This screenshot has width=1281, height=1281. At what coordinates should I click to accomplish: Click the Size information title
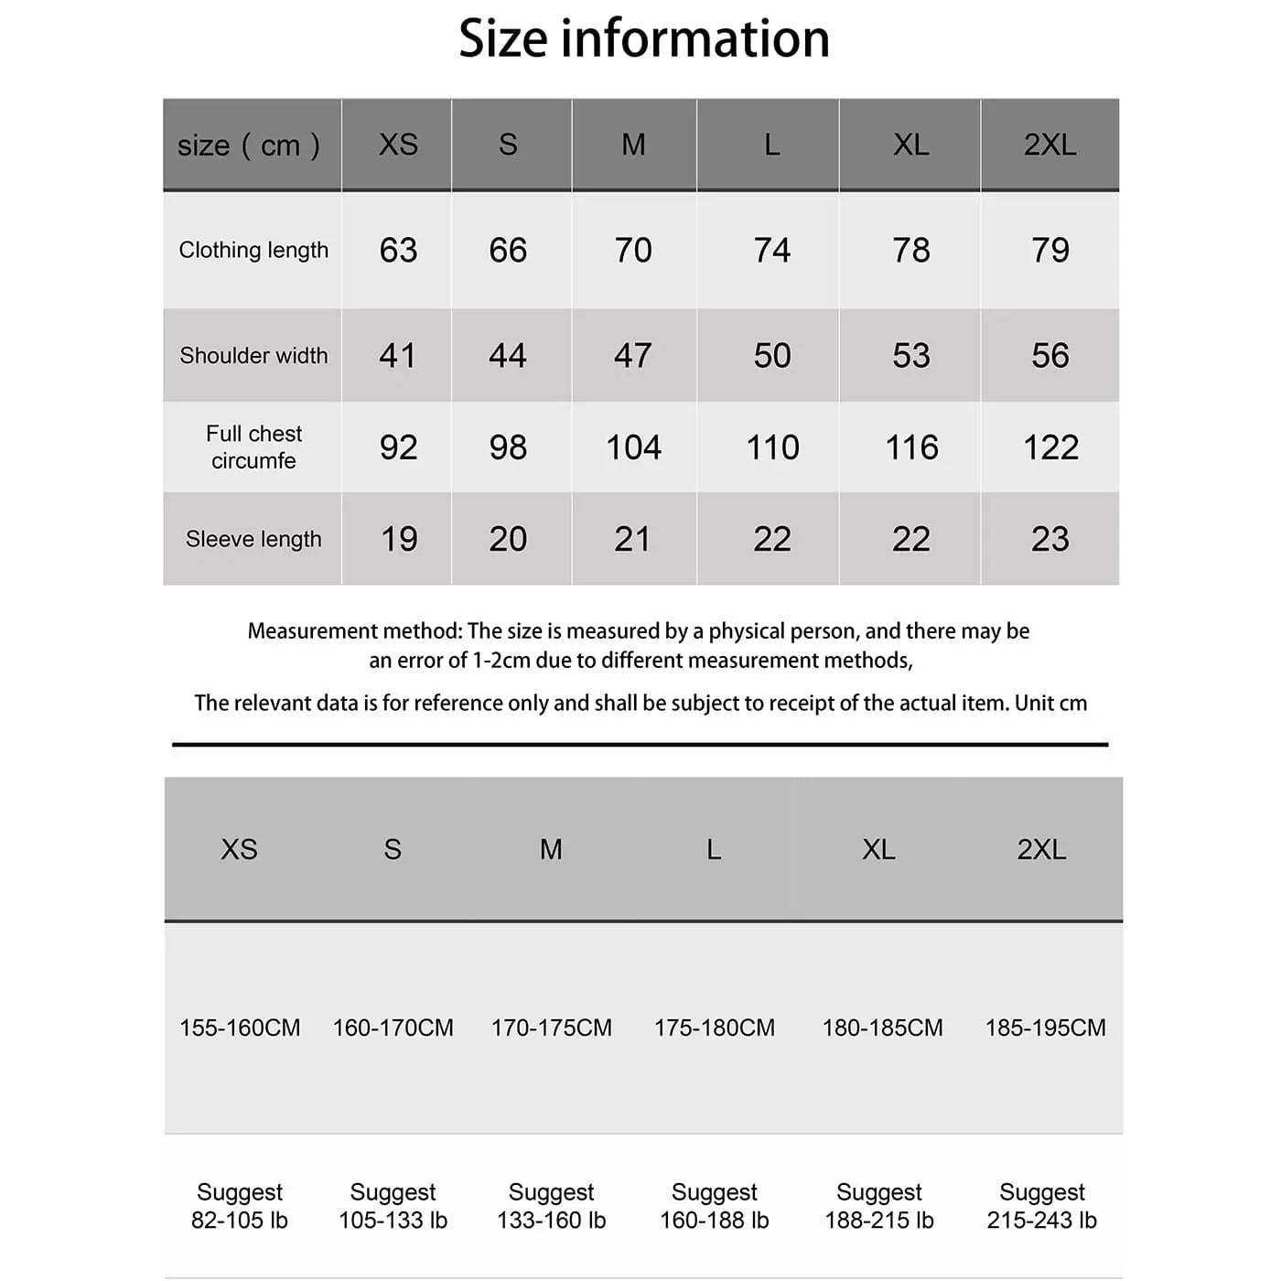(643, 38)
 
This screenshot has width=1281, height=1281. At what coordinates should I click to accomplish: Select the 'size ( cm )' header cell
(249, 145)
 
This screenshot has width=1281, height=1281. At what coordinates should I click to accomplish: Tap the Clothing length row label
(253, 250)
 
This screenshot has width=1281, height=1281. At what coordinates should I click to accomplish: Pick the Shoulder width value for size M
(632, 355)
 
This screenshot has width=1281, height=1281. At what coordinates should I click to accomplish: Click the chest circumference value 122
(1050, 447)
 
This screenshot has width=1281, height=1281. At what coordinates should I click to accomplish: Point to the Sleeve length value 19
(399, 539)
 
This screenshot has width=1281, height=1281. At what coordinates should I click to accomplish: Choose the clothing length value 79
(1050, 250)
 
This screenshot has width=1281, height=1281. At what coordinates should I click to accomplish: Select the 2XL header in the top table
(1050, 145)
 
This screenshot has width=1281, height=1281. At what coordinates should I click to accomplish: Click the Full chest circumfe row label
(253, 447)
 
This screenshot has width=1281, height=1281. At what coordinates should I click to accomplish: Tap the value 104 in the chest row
(633, 447)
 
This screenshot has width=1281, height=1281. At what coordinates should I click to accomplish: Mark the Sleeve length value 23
(1050, 539)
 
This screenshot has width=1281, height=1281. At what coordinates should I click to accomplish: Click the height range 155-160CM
(240, 1028)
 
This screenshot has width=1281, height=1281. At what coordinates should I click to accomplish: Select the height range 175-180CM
(714, 1028)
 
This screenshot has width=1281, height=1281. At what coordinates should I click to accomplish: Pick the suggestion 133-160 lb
(551, 1220)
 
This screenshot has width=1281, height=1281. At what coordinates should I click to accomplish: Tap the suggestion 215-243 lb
(1041, 1220)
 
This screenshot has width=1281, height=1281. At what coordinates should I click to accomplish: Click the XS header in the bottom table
(239, 849)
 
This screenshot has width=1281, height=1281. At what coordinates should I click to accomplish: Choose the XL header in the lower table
(878, 849)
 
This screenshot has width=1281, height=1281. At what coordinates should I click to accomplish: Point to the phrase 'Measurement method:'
(355, 631)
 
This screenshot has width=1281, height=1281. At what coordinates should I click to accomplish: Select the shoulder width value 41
(398, 355)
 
